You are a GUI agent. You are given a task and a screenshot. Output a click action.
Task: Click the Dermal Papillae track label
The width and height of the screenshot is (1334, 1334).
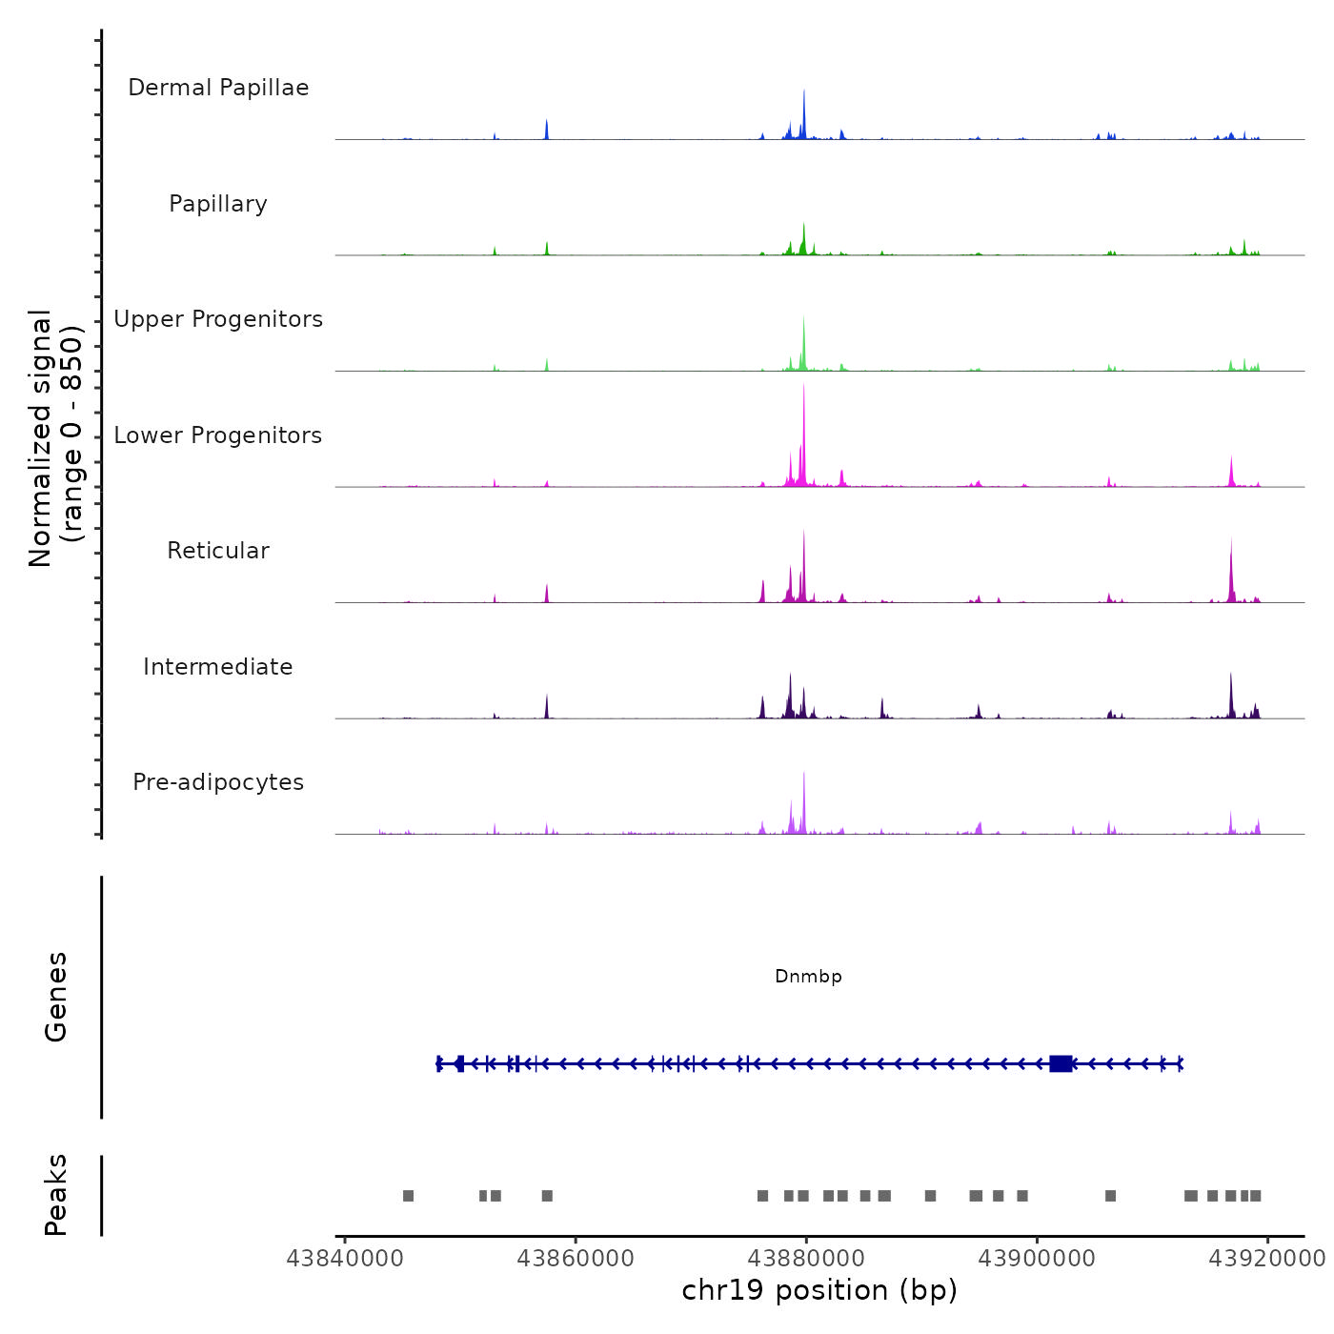[218, 88]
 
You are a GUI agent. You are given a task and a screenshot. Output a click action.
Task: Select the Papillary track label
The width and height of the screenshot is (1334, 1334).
[218, 204]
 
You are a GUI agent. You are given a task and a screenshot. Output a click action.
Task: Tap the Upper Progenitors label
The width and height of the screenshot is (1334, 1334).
[218, 319]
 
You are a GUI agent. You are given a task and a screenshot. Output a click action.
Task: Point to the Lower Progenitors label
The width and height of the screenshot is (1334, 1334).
[218, 435]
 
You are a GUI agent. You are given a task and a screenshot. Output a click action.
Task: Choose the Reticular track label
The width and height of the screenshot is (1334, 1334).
[218, 551]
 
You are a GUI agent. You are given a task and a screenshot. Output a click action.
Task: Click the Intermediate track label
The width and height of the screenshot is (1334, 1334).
[218, 667]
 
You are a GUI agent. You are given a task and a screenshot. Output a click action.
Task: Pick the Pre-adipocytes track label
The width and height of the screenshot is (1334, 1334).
[218, 782]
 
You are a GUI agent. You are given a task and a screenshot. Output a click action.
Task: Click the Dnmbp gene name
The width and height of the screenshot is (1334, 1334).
[808, 977]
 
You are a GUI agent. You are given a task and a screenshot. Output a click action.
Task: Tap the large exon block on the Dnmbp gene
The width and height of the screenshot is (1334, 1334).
[1061, 1063]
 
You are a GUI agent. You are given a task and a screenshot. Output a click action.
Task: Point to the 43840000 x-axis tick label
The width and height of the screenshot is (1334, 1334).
[345, 1259]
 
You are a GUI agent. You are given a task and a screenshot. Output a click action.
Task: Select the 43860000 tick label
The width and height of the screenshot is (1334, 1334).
[576, 1259]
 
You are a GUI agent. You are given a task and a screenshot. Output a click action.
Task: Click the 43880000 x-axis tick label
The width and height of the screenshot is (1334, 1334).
[806, 1259]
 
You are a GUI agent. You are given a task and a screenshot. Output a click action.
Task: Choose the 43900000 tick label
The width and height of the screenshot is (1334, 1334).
[1037, 1259]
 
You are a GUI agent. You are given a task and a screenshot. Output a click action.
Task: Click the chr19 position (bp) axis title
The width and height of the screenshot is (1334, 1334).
[819, 1291]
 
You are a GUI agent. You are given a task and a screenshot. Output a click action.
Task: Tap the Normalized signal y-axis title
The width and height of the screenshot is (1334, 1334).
[55, 437]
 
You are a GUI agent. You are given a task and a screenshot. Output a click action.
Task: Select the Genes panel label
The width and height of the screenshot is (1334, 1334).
[56, 997]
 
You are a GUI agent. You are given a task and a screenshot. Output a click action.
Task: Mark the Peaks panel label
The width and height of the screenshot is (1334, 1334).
[56, 1195]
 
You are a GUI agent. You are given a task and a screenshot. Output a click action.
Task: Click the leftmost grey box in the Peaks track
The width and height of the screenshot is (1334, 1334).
[408, 1196]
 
